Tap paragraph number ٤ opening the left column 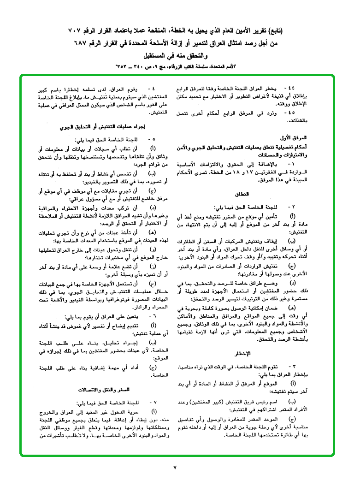tap(150, 87)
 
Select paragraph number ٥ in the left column tap(150, 139)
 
